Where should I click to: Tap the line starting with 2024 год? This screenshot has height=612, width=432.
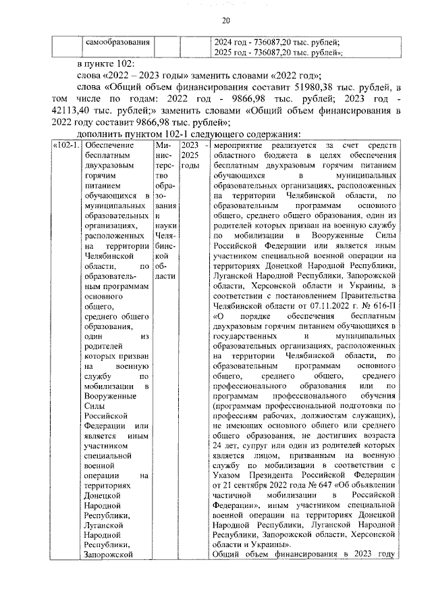click(276, 42)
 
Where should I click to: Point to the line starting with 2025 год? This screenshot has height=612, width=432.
click(277, 52)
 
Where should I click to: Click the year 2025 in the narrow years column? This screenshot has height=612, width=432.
click(190, 155)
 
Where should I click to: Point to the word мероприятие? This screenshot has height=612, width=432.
click(243, 146)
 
